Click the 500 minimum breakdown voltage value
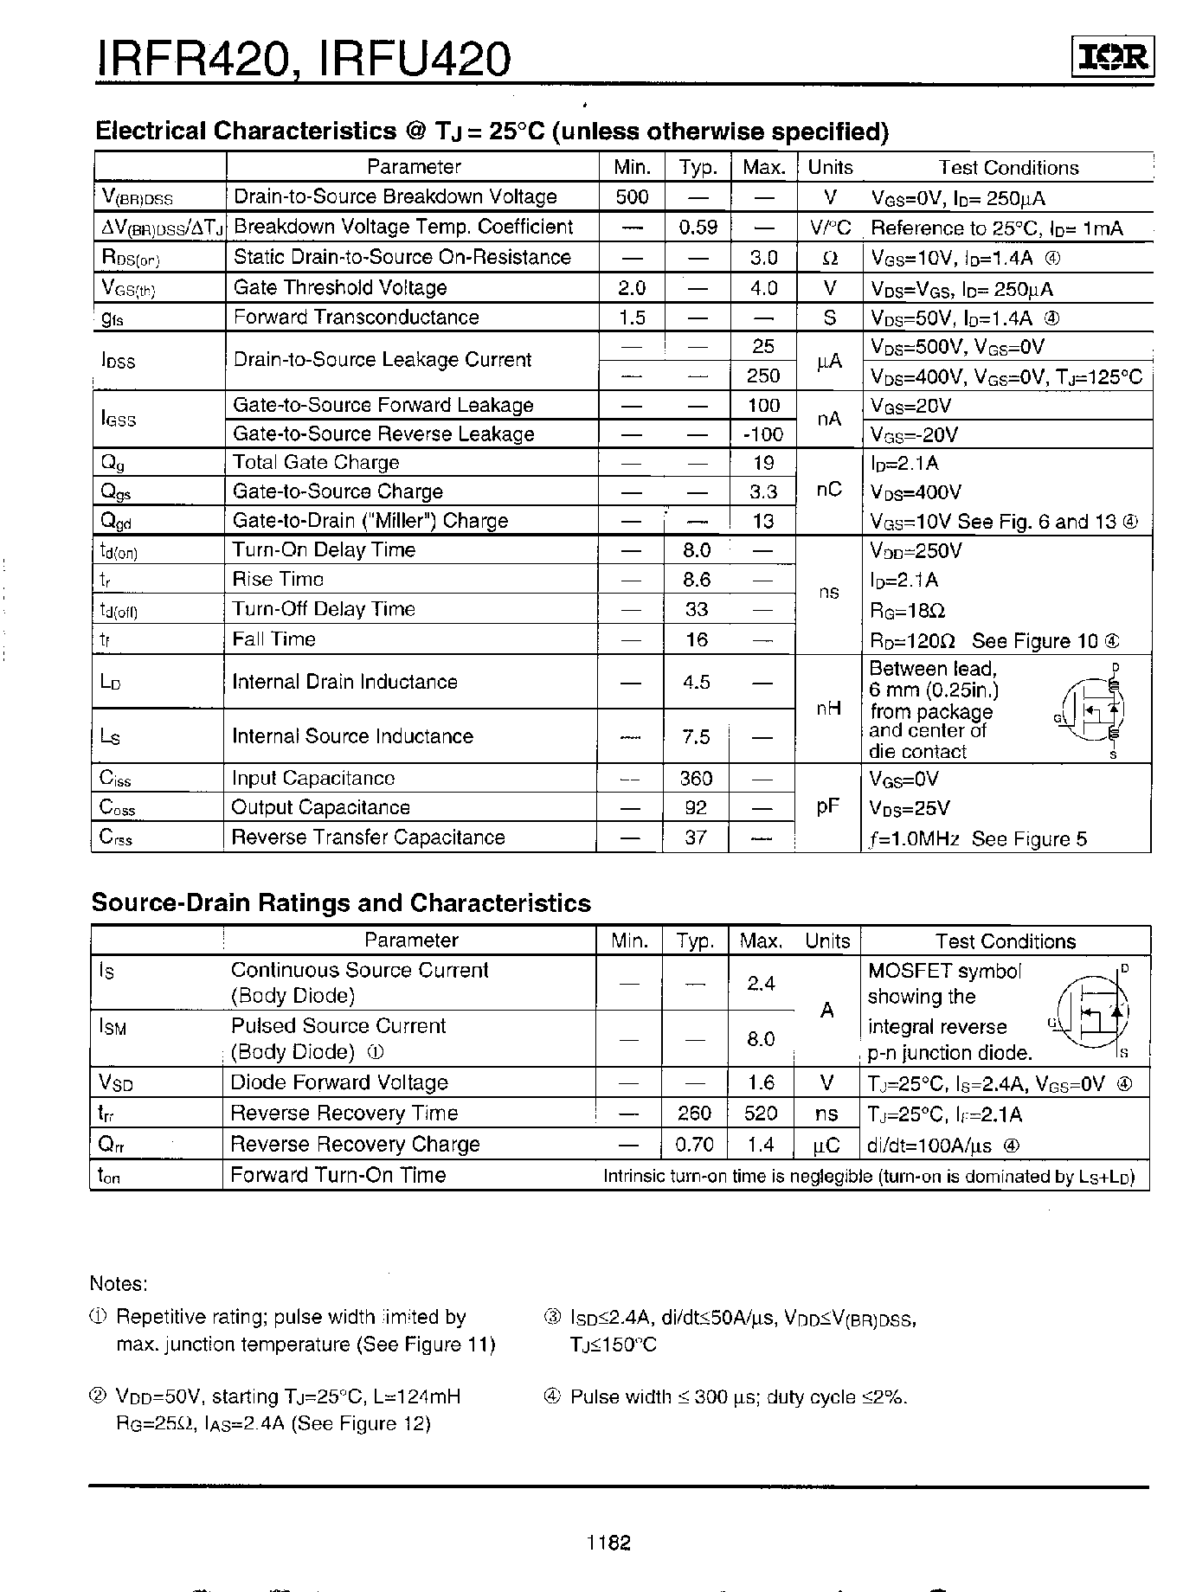[x=632, y=197]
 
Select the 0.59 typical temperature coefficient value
[x=698, y=228]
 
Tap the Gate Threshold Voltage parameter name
[x=340, y=287]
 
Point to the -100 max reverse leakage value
[x=762, y=434]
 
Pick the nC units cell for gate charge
[x=829, y=490]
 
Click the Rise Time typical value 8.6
[x=696, y=580]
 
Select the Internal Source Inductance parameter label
[x=352, y=736]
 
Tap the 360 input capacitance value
[x=696, y=779]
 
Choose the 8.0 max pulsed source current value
[x=761, y=1039]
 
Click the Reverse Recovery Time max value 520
[x=761, y=1114]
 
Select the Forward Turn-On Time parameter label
[x=338, y=1175]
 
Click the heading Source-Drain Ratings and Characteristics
[x=341, y=903]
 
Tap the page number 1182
[x=608, y=1543]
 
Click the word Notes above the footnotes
[x=119, y=1284]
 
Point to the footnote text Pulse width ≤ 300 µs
[x=738, y=1396]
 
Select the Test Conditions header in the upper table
[x=1008, y=168]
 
